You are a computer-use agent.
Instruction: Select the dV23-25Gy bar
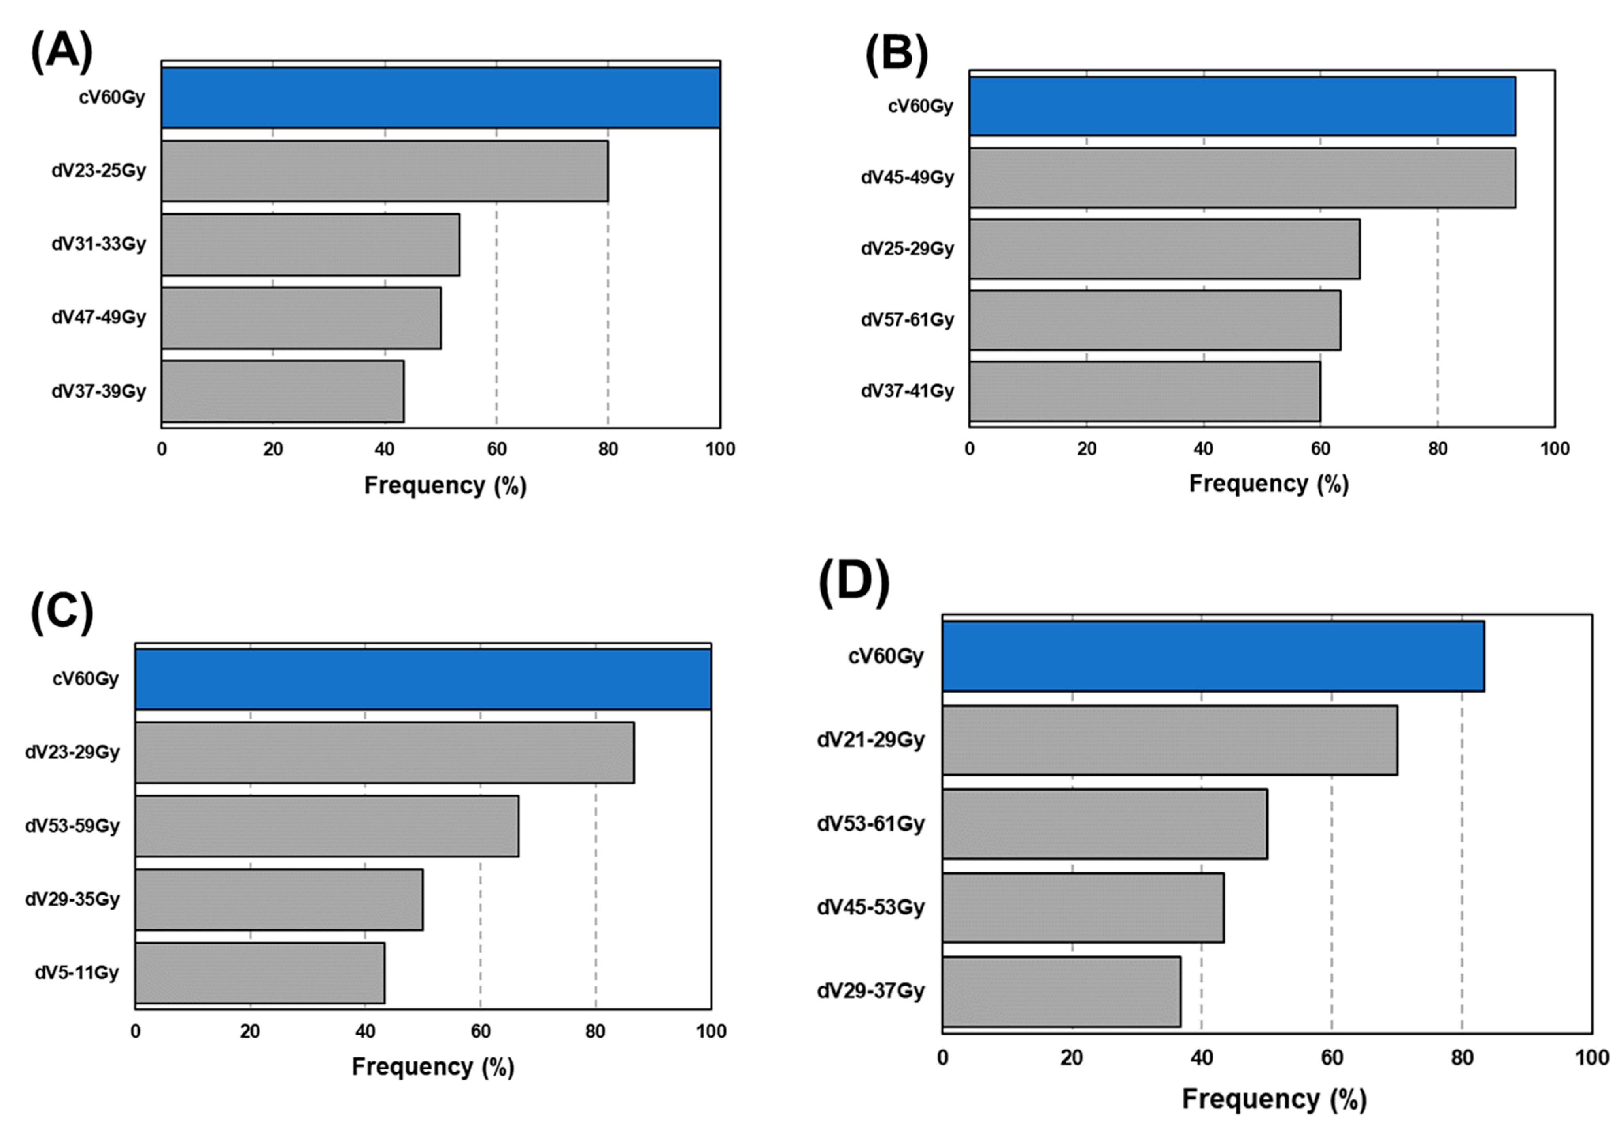(x=385, y=171)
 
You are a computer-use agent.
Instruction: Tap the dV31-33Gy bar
(x=310, y=245)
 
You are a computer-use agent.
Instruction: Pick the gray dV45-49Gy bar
(x=1242, y=177)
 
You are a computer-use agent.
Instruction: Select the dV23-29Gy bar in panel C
(x=385, y=752)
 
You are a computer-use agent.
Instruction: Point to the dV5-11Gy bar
(x=259, y=973)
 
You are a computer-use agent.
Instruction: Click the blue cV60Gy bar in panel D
(x=1213, y=656)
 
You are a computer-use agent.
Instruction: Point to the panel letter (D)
(x=853, y=583)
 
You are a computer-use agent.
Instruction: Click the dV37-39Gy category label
(x=98, y=391)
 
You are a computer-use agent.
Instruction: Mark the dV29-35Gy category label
(x=72, y=899)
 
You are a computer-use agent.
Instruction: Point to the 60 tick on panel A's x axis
(x=496, y=449)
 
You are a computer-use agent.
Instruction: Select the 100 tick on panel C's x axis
(x=711, y=1031)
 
